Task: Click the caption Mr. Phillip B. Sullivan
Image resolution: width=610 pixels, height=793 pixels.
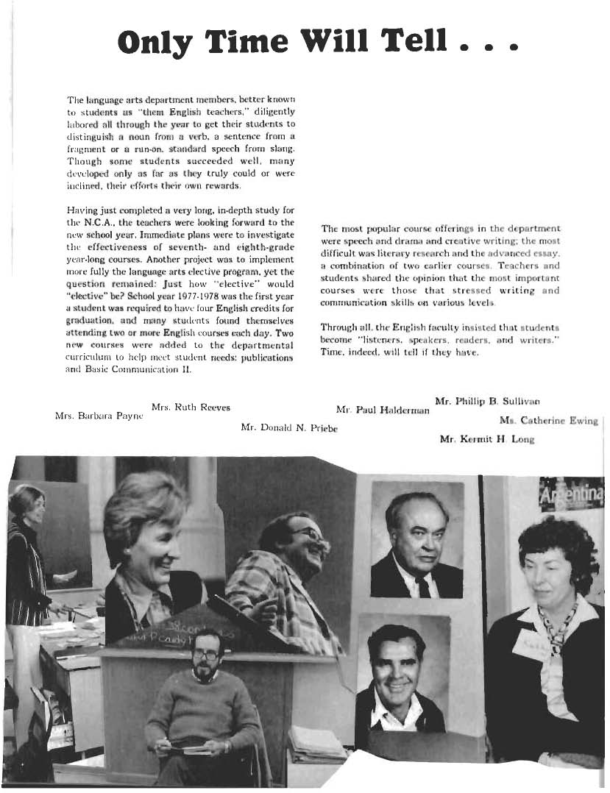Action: (488, 402)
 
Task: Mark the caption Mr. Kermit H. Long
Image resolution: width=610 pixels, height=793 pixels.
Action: (486, 439)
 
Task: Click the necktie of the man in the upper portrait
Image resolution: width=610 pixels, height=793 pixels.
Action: (422, 586)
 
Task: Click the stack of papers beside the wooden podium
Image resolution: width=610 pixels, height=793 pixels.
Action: (316, 743)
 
